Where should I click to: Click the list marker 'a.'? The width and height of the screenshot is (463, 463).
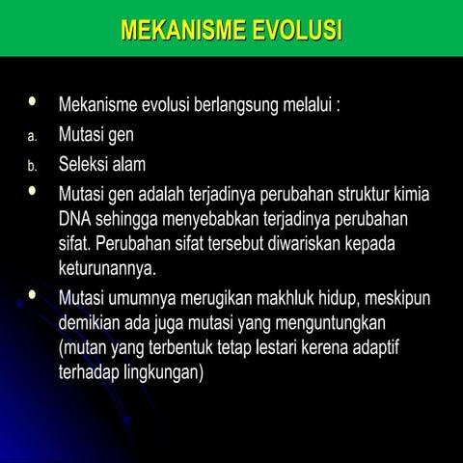point(31,136)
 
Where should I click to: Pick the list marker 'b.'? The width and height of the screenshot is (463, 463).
point(31,166)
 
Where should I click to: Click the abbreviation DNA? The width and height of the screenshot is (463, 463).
point(75,217)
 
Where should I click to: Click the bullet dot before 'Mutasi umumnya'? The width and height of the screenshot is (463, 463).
point(34,293)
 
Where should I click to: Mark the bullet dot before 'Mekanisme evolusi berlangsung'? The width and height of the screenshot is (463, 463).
point(34,101)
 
